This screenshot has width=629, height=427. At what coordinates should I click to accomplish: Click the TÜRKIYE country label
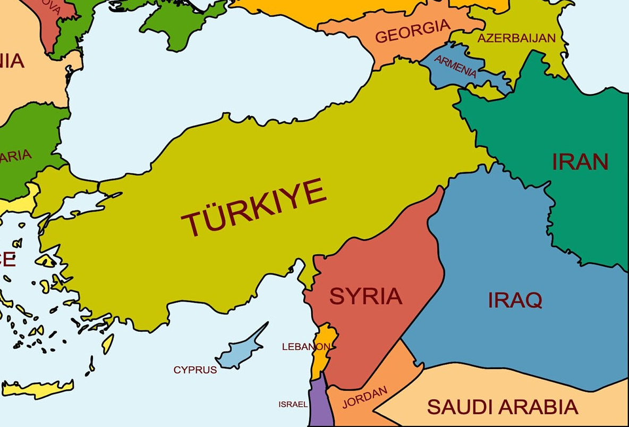click(x=254, y=207)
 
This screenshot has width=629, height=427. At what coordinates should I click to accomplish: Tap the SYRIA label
click(x=365, y=296)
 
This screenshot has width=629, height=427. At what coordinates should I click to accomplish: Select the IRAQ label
click(x=515, y=300)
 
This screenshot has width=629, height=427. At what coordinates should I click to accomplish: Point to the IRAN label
click(x=580, y=161)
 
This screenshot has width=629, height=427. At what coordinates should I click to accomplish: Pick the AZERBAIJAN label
click(x=516, y=38)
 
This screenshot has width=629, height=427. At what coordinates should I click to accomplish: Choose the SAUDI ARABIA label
click(x=502, y=407)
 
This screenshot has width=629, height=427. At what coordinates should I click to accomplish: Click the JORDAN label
click(x=364, y=397)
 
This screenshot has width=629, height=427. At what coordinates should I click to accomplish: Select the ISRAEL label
click(x=293, y=404)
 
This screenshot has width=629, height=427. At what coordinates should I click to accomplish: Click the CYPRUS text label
click(x=195, y=370)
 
